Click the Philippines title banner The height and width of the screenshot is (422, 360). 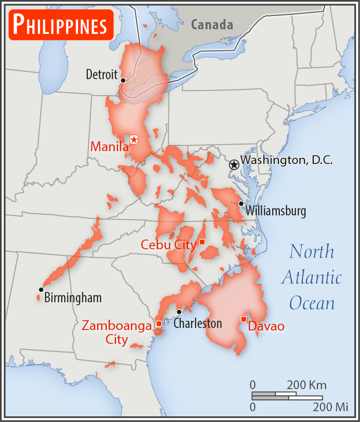[x=61, y=25]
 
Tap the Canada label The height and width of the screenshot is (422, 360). [x=212, y=24]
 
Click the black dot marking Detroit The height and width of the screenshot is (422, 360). [x=123, y=80]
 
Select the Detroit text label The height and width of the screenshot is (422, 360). [x=102, y=75]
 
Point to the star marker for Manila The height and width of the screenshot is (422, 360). [x=134, y=139]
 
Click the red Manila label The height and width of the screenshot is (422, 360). [x=109, y=147]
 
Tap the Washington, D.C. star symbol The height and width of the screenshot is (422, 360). [x=234, y=164]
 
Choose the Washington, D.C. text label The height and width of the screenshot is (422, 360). [x=287, y=160]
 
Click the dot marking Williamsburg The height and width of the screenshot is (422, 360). [x=241, y=204]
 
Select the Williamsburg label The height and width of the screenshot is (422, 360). [x=276, y=211]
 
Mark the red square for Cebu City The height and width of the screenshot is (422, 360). [x=202, y=242]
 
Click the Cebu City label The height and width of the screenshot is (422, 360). [x=168, y=245]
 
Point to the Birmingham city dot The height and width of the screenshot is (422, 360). [x=41, y=289]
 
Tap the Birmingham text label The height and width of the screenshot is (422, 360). [x=73, y=298]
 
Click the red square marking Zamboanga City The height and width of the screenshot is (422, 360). [x=159, y=323]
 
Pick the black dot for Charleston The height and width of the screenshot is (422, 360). [x=179, y=311]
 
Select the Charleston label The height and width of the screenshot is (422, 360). [x=198, y=323]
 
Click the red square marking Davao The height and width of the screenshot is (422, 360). [x=243, y=319]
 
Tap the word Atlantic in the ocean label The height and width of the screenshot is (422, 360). [x=311, y=278]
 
